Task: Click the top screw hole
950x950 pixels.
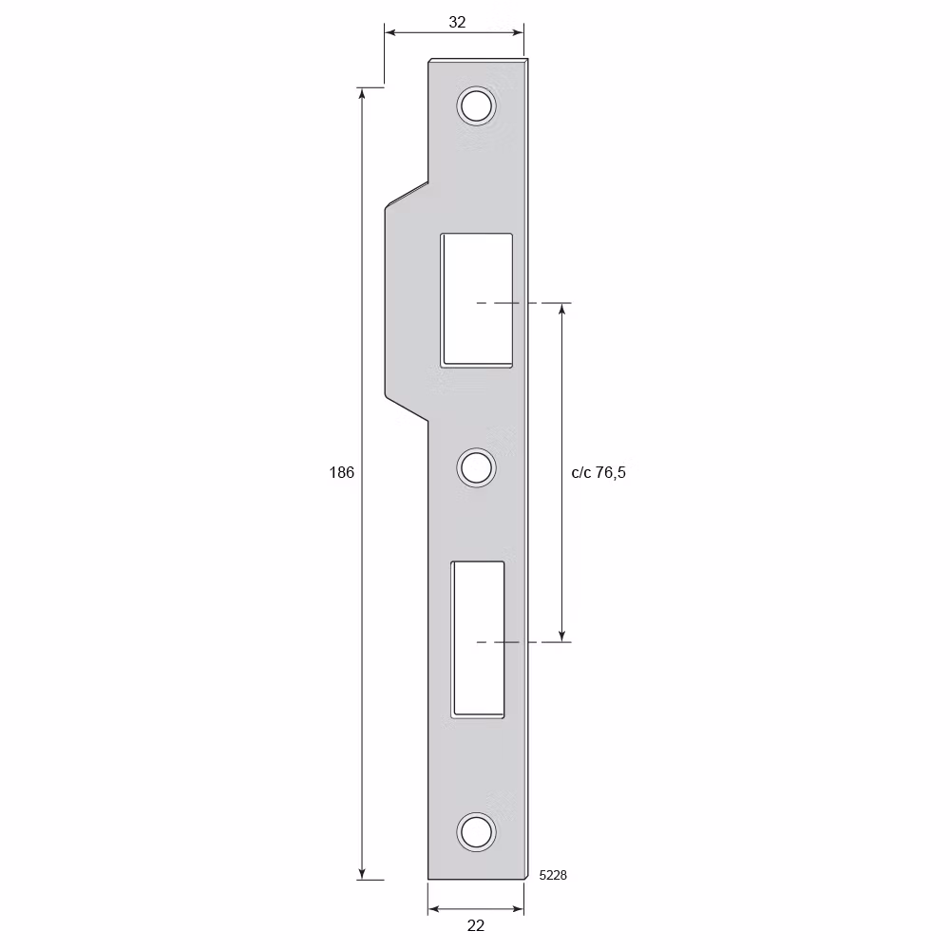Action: [476, 106]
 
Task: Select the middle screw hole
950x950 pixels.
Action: [476, 467]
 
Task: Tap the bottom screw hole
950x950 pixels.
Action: [476, 832]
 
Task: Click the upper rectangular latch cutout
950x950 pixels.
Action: [477, 300]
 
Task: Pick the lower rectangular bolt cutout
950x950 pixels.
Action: [478, 639]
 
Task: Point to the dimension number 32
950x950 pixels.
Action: [457, 22]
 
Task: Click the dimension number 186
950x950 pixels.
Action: [342, 472]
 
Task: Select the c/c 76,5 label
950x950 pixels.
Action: [598, 472]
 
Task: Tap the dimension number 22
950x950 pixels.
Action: [476, 925]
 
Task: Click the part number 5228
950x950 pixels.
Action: [553, 875]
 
